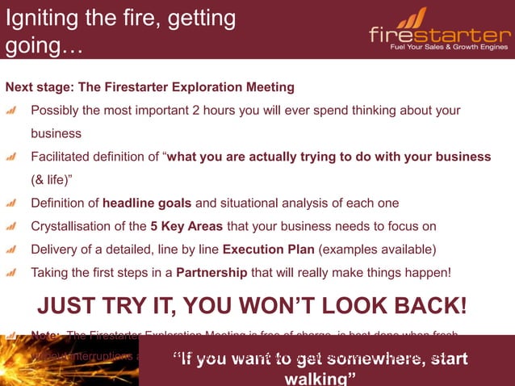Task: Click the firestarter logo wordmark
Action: click(x=440, y=35)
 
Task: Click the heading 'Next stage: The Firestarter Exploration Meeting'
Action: click(x=150, y=86)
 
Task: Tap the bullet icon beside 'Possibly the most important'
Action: click(x=12, y=110)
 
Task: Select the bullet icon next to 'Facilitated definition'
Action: click(x=12, y=157)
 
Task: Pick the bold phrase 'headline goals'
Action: click(x=143, y=203)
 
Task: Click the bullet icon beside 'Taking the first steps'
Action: click(x=12, y=272)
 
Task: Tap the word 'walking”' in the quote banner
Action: click(x=320, y=378)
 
